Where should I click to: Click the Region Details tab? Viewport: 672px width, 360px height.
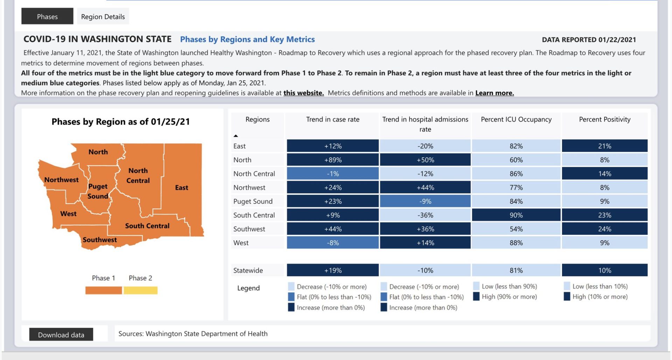[x=103, y=16]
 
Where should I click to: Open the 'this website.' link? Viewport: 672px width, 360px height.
[x=303, y=93]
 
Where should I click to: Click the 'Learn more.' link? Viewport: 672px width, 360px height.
[x=494, y=93]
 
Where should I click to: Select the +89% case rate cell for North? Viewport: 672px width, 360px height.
[x=332, y=160]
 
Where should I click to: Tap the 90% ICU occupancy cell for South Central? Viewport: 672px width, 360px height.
[x=516, y=215]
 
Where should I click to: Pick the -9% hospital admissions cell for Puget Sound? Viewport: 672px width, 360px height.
[x=425, y=202]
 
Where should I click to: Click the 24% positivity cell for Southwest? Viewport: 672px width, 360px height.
[x=604, y=229]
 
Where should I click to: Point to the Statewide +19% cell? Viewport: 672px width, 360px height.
[x=332, y=270]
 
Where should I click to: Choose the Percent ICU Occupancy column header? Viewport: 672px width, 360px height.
[x=516, y=119]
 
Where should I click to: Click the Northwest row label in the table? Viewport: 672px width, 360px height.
[x=249, y=188]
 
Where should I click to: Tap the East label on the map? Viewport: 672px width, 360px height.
[x=182, y=188]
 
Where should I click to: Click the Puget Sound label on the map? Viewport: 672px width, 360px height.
[x=98, y=191]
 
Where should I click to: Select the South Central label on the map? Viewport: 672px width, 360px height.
[x=147, y=226]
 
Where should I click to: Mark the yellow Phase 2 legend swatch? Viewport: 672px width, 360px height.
[x=140, y=290]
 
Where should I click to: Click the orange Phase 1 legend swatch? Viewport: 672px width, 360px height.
[x=104, y=290]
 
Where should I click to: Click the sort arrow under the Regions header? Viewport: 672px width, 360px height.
[x=236, y=136]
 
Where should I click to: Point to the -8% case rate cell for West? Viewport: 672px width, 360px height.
[x=332, y=243]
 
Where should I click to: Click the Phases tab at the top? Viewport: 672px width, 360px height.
[x=47, y=16]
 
